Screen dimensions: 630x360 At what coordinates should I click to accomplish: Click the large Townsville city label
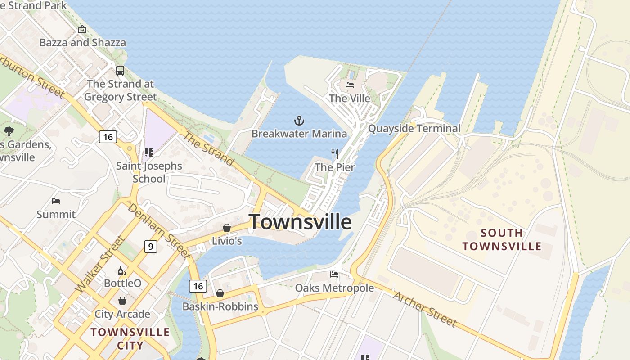point(300,222)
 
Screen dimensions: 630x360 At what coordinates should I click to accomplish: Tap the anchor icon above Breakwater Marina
point(299,121)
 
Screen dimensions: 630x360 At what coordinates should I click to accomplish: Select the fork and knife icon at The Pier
point(335,154)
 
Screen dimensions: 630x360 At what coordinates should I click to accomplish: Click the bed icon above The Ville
point(350,85)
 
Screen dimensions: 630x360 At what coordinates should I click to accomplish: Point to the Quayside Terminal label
point(414,129)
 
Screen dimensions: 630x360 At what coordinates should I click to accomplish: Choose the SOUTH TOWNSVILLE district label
point(502,239)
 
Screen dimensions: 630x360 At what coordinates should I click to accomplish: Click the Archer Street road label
point(425,309)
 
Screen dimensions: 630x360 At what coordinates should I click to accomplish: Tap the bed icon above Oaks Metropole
point(334,274)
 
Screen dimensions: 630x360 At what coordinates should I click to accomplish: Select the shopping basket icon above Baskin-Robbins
point(220,293)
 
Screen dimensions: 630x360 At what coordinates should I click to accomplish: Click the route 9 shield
point(151,246)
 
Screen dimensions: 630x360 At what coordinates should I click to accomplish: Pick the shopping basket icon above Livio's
point(227,228)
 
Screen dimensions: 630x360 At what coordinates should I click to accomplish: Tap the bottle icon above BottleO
point(122,270)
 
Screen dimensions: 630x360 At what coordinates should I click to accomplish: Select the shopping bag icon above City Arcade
point(122,301)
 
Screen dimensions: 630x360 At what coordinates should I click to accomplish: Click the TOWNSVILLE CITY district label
point(130,339)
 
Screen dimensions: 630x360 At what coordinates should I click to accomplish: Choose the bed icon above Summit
point(56,201)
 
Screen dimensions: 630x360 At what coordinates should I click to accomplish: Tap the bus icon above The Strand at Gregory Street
point(120,71)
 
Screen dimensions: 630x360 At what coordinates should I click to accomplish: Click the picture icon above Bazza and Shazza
point(82,29)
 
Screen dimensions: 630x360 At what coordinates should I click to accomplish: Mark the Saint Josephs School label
point(149,172)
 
